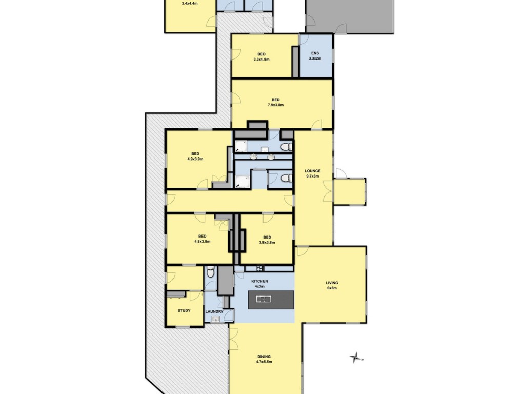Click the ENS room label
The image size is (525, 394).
tap(315, 53)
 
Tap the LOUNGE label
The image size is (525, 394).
tap(312, 171)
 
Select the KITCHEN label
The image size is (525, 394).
tap(259, 281)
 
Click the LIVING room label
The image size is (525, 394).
tap(332, 283)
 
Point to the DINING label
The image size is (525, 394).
tap(264, 357)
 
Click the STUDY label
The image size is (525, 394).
tap(184, 310)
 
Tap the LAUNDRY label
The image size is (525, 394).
tap(214, 311)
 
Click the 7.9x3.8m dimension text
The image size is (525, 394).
tap(275, 105)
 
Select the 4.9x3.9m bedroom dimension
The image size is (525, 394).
tap(195, 159)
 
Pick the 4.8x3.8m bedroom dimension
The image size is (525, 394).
tap(202, 241)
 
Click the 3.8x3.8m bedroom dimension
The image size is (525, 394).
tap(267, 242)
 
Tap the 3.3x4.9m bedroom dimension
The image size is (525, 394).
tap(261, 60)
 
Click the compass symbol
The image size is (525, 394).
tap(355, 358)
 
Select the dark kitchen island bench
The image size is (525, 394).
tap(271, 300)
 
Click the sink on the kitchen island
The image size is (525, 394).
tap(264, 299)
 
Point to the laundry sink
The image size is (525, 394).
tap(215, 320)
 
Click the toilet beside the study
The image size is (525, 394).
tap(210, 272)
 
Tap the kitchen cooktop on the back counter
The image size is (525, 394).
tap(259, 268)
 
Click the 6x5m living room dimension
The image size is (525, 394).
tap(332, 288)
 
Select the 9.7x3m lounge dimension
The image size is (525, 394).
tap(312, 176)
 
